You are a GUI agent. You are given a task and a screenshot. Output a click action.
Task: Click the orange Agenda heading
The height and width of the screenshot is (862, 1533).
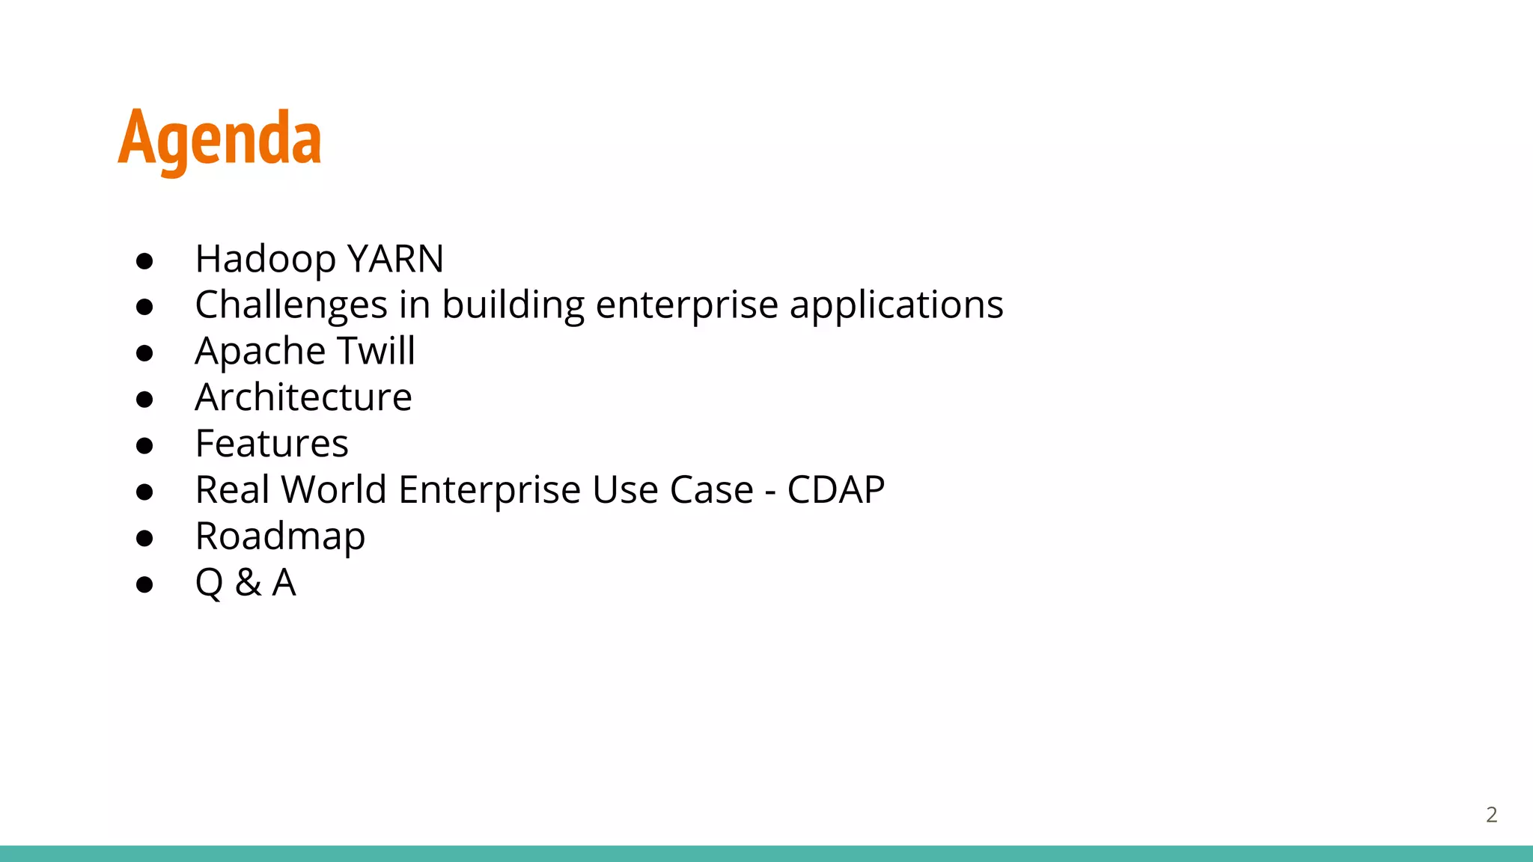(x=219, y=139)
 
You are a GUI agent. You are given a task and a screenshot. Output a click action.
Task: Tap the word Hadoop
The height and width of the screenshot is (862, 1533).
(x=265, y=260)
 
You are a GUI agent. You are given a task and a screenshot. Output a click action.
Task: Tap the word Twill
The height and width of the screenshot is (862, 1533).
(x=376, y=351)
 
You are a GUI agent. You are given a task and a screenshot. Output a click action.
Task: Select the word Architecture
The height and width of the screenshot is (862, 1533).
(x=303, y=397)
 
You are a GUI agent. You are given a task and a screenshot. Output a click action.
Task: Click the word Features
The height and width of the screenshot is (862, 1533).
(x=271, y=444)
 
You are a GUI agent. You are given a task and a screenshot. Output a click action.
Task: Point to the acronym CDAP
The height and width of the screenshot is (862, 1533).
(x=835, y=490)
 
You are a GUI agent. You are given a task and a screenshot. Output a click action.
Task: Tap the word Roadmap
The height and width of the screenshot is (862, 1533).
(x=280, y=537)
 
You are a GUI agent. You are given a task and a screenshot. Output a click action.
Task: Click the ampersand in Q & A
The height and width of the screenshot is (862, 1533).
(x=248, y=583)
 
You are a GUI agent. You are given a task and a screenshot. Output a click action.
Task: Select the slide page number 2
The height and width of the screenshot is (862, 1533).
(x=1491, y=815)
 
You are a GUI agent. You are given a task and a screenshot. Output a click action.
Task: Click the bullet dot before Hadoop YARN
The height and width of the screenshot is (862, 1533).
(x=144, y=261)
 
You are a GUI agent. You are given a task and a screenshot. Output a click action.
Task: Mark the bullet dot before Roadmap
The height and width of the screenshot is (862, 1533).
(x=144, y=538)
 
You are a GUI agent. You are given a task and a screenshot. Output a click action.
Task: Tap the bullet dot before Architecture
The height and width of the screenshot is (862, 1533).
(x=144, y=400)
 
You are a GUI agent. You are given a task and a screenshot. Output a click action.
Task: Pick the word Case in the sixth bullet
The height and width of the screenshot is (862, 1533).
(x=711, y=490)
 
